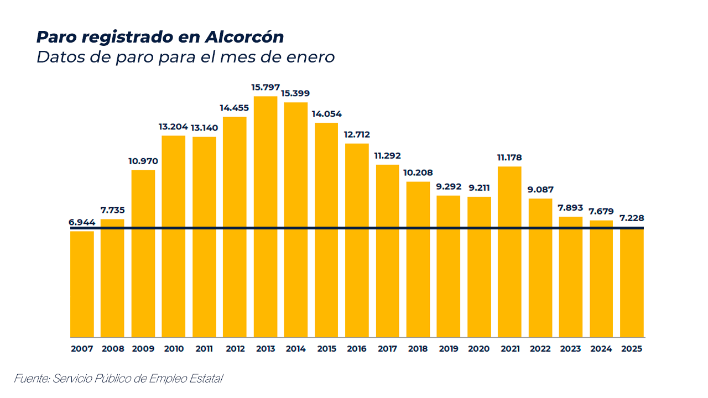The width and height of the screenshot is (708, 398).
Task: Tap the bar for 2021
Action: point(509,252)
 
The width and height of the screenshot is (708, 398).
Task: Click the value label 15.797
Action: point(265,87)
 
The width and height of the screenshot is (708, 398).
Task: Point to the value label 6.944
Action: point(82,222)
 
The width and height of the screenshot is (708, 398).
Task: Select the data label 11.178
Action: point(509,158)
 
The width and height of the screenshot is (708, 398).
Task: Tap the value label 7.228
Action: point(632,218)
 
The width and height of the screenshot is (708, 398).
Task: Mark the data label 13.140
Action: point(204,128)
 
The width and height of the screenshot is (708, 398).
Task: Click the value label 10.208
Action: point(418,172)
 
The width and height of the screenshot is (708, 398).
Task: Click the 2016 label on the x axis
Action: point(357,349)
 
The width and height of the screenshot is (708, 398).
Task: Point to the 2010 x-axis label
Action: point(174,349)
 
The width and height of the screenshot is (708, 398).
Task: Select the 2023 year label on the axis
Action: point(570,349)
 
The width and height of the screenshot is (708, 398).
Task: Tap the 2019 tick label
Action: point(449,349)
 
